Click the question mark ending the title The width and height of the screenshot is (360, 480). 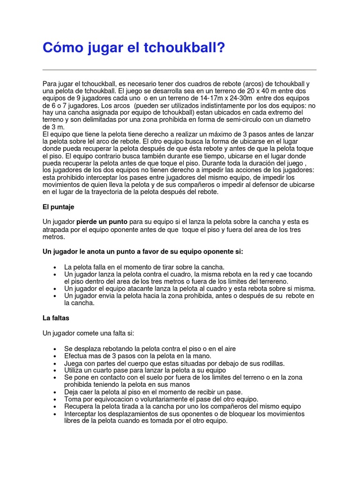pyautogui.click(x=221, y=48)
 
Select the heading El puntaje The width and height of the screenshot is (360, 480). pyautogui.click(x=58, y=206)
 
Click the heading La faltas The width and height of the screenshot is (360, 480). pyautogui.click(x=56, y=318)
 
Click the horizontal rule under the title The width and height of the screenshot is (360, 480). pyautogui.click(x=180, y=70)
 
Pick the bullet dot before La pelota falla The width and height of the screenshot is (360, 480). pyautogui.click(x=56, y=267)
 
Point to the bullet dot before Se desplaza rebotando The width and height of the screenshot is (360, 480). pyautogui.click(x=56, y=349)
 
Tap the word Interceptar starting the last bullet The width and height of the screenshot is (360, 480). pyautogui.click(x=82, y=414)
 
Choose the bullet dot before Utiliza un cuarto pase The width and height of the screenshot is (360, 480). pyautogui.click(x=56, y=371)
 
